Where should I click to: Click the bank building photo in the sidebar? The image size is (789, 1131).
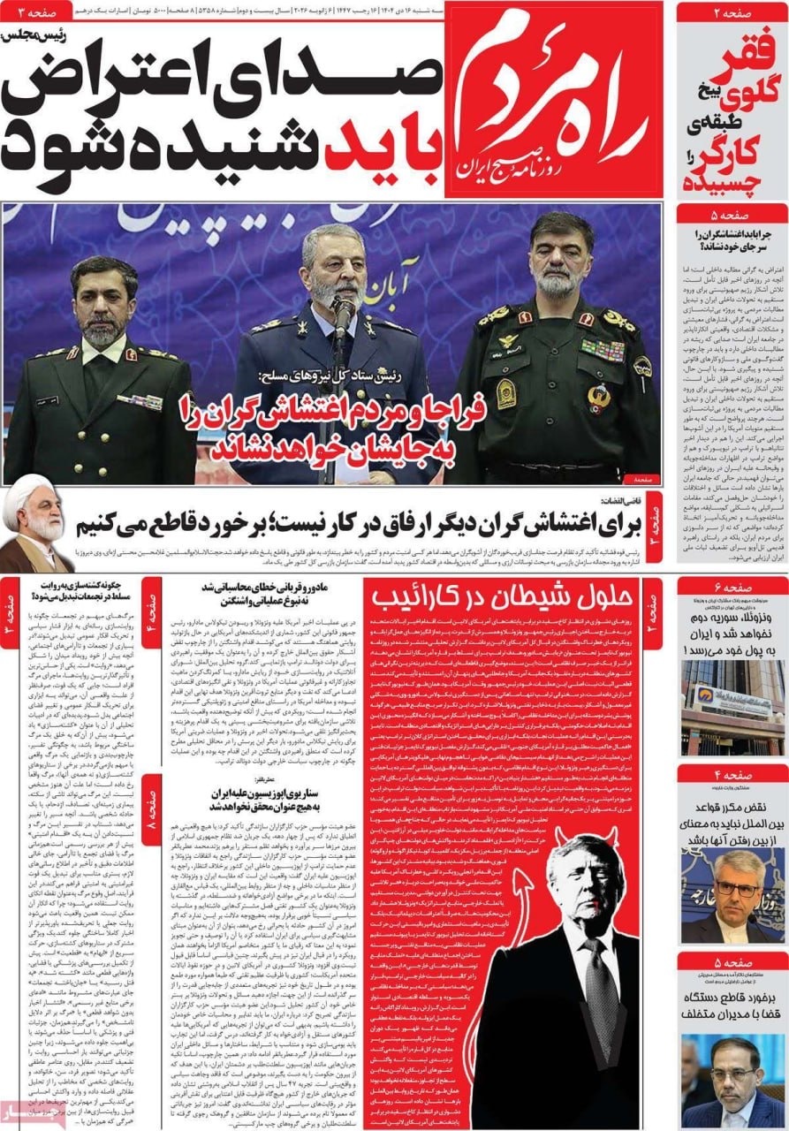[x=732, y=707]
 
